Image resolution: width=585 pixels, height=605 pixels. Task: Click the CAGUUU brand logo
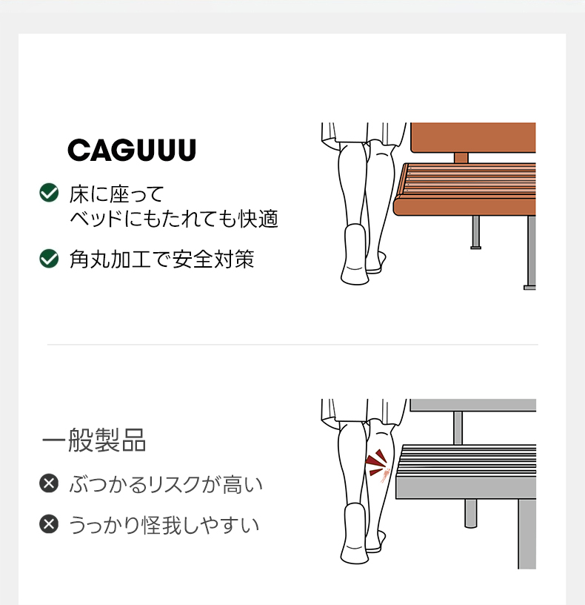coord(132,150)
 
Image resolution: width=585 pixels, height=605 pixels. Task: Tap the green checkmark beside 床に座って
coord(49,193)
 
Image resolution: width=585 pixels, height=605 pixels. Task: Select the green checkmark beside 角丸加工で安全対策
coord(49,259)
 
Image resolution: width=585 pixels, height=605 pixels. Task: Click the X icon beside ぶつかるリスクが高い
coord(49,483)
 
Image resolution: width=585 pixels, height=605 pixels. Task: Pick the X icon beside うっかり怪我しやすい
coord(49,524)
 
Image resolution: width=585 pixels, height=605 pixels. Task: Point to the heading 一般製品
coord(94,440)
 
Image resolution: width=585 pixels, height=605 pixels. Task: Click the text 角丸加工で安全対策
coord(162,259)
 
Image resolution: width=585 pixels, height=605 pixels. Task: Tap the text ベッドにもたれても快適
coord(174,219)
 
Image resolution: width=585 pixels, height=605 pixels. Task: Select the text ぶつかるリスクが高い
coord(166,484)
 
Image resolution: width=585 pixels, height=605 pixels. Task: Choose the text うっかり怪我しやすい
coord(164,525)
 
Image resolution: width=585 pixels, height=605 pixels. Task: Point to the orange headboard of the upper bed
coord(473,138)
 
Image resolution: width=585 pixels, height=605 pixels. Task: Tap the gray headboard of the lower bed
coord(473,405)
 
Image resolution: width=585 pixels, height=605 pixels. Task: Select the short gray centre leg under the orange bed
coord(476,232)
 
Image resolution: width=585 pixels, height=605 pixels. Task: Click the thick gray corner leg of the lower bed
coord(527,534)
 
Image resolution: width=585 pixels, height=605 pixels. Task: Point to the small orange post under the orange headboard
coord(461,158)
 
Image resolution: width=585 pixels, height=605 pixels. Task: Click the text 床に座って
coord(117,194)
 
